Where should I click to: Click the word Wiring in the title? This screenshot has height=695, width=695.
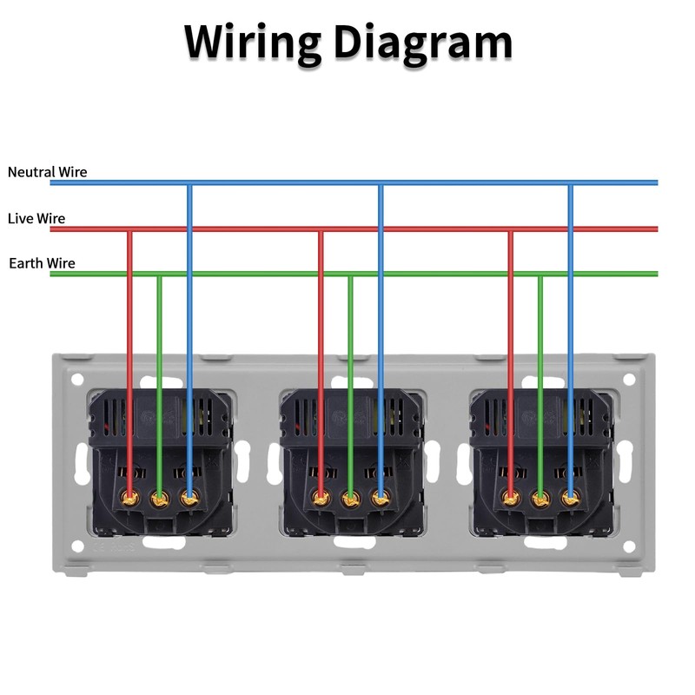coord(253,44)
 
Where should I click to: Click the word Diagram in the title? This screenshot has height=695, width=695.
coord(423,44)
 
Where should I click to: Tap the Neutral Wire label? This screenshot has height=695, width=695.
coord(48,172)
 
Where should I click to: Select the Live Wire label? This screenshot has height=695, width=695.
coord(36,219)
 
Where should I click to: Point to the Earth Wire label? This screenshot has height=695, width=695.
coord(42,263)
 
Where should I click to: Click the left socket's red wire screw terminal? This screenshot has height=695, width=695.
coord(130,499)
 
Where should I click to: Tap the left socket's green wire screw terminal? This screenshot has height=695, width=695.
coord(160,499)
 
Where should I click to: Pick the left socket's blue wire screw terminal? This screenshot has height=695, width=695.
coord(189,499)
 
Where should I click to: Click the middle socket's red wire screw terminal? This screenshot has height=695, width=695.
coord(321,499)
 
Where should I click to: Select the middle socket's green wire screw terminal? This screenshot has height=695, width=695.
coord(351,499)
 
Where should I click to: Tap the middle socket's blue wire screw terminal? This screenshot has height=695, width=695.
coord(381,499)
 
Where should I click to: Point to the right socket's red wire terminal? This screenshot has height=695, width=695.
coord(511,499)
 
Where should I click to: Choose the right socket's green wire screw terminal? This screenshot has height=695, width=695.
coord(540,499)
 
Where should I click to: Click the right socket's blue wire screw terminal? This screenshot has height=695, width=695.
coord(571,499)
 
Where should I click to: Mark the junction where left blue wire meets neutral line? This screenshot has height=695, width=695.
coord(189,182)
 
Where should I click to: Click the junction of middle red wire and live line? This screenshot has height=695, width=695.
coord(321,229)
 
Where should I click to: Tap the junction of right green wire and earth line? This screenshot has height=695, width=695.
coord(540,274)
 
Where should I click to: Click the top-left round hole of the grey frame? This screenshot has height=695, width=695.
coord(77,380)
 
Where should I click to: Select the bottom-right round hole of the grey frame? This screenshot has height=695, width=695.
coord(629,547)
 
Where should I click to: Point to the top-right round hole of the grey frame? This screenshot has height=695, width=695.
coord(629,380)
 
